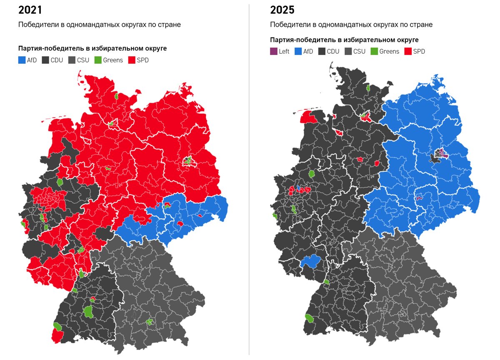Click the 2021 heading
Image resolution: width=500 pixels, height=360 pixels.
[x=30, y=10]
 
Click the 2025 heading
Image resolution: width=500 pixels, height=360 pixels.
[x=282, y=10]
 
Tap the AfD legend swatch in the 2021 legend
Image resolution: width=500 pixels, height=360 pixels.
[x=22, y=60]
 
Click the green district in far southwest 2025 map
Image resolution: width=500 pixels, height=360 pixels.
[x=310, y=319]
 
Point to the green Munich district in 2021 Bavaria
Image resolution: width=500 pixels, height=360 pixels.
[x=150, y=322]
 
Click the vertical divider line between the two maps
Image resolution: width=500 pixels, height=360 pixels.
[x=249, y=179]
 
